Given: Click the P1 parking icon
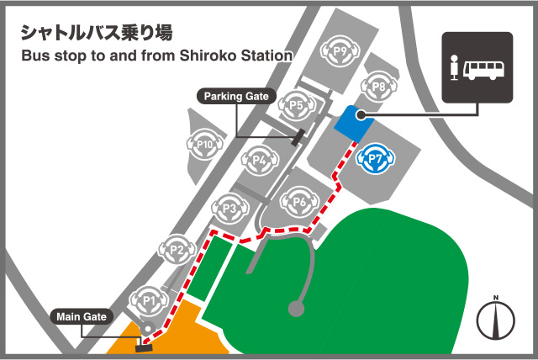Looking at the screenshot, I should point(148,298).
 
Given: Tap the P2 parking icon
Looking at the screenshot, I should point(177,250).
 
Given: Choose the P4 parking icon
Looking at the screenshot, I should point(260,160).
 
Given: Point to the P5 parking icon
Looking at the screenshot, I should point(295,106).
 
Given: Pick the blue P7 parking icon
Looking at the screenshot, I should point(374,157).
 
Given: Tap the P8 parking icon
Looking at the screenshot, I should point(378,87).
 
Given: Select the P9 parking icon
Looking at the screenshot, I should point(340,51).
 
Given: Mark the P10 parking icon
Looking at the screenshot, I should point(203,144).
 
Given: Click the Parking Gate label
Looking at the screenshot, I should point(236,97).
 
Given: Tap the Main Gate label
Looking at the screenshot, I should point(81,317).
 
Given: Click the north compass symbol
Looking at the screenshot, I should point(496,320).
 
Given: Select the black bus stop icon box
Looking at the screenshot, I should point(477,67).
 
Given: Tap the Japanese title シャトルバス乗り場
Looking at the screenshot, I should point(96,33).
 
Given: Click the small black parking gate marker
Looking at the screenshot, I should point(297,137).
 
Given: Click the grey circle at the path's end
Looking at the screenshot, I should point(295,309).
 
